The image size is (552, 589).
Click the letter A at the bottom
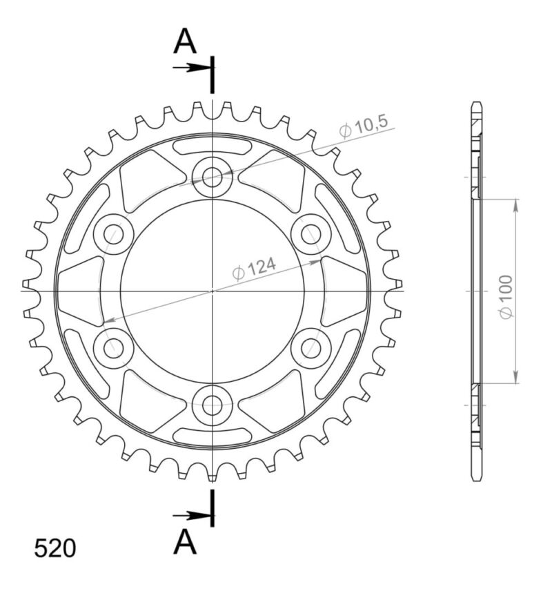[x=185, y=543]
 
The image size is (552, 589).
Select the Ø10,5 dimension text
[x=364, y=127]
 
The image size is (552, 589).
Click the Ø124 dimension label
[x=255, y=269]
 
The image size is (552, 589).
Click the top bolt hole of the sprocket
[x=213, y=177]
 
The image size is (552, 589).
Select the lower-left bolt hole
[x=113, y=349]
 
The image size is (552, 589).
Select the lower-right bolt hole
[x=311, y=349]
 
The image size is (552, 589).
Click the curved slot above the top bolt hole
[x=213, y=146]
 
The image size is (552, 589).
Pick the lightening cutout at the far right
[x=344, y=290]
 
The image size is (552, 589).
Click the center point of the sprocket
[x=213, y=291]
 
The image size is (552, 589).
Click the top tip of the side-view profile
[x=477, y=104]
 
